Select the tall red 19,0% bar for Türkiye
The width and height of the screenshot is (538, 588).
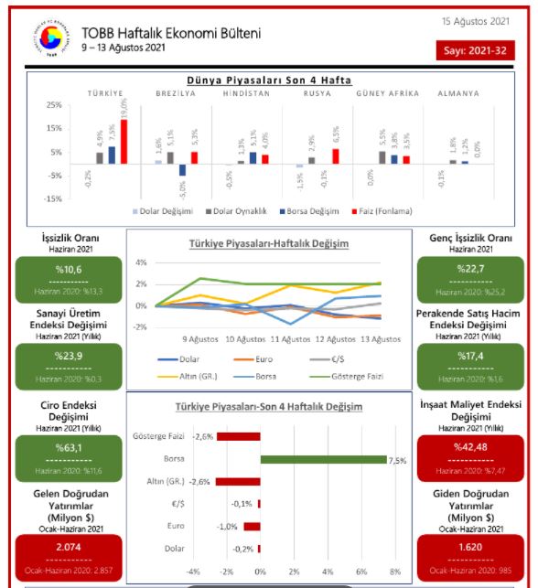click(x=124, y=142)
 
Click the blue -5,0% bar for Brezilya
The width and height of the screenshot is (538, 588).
click(x=182, y=170)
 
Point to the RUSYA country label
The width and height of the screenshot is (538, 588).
click(x=317, y=93)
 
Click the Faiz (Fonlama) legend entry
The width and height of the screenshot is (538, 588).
click(x=381, y=210)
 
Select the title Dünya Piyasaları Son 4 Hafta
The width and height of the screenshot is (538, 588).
click(x=269, y=80)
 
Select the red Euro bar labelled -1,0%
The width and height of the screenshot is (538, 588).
click(x=252, y=527)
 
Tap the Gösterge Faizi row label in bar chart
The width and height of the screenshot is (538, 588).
click(x=159, y=436)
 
